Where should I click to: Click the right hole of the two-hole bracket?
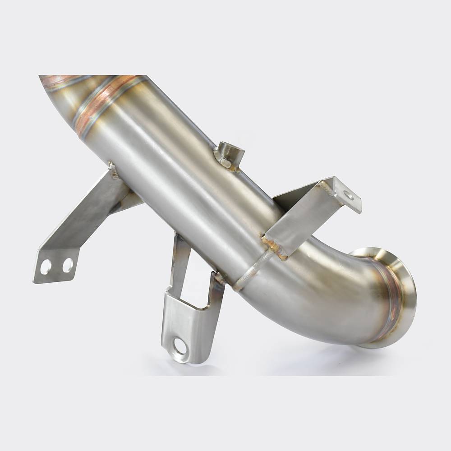click(x=67, y=265)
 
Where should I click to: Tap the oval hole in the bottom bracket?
click(x=180, y=347)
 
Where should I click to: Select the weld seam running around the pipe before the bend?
click(x=253, y=271)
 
